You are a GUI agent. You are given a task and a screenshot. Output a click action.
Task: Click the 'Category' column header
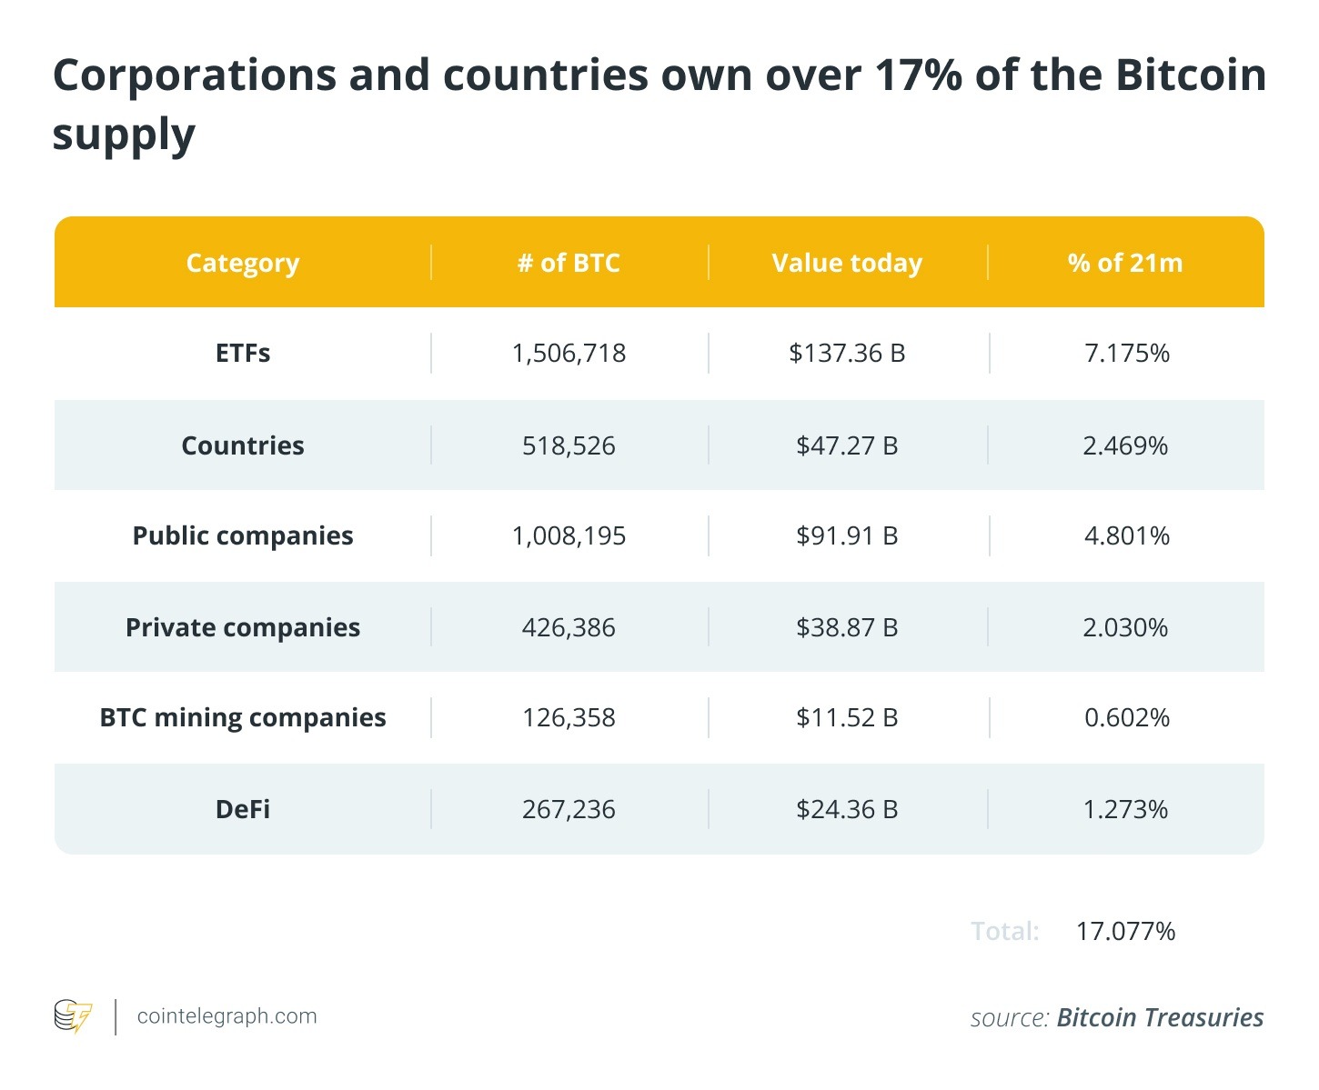(x=242, y=263)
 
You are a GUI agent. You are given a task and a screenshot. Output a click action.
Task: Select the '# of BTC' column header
(x=569, y=263)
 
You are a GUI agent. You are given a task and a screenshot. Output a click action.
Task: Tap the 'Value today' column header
(x=847, y=263)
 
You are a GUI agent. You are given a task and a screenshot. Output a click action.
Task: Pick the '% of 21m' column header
(x=1125, y=263)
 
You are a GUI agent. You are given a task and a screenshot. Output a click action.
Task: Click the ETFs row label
(x=243, y=353)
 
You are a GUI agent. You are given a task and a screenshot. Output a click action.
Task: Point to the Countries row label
(x=243, y=445)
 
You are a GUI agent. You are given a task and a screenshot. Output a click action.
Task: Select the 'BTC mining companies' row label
(x=243, y=717)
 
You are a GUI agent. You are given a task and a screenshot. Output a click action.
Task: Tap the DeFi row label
(x=243, y=809)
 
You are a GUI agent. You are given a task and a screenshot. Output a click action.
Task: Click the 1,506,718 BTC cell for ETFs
(x=569, y=353)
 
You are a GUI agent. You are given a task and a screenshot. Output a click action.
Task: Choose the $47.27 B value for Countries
(x=847, y=445)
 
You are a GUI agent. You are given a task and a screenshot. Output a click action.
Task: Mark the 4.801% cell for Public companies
(x=1126, y=535)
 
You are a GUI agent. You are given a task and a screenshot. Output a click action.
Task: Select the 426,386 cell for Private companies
(x=569, y=627)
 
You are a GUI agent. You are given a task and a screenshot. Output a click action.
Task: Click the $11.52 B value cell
(x=847, y=717)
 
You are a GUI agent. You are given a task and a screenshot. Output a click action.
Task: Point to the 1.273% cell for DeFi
(x=1125, y=809)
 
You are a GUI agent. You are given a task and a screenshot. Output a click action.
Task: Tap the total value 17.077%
(x=1125, y=931)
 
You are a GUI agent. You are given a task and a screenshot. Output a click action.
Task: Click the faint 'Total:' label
(x=1004, y=931)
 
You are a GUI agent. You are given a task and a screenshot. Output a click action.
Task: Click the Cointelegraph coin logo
(x=73, y=1016)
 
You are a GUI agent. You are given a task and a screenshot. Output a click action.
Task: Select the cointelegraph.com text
(x=227, y=1016)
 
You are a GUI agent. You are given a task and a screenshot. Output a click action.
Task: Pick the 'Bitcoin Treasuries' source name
(x=1160, y=1017)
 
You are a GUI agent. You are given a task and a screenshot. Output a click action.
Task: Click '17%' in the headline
(x=918, y=75)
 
